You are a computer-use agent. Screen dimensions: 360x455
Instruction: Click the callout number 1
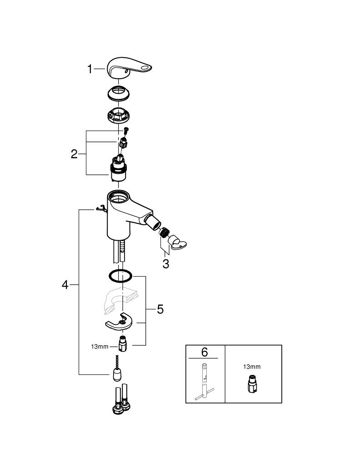click(90, 69)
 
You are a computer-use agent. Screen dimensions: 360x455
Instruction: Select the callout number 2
click(74, 154)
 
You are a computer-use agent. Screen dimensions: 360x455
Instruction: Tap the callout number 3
click(166, 264)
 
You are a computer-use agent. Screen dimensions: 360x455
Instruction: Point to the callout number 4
click(65, 285)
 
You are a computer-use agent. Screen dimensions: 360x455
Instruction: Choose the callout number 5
click(160, 309)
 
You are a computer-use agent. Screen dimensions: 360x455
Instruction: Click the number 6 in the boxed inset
click(205, 352)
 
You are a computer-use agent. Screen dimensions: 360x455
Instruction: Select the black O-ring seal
click(120, 276)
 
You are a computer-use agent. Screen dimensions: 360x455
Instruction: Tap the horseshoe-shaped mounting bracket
click(119, 322)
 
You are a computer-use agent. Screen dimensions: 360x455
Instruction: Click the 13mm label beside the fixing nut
click(100, 346)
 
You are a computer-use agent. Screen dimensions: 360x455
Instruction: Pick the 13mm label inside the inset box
click(252, 367)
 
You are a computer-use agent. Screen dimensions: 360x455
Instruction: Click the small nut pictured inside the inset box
click(252, 385)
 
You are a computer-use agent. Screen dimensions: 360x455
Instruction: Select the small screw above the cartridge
click(126, 131)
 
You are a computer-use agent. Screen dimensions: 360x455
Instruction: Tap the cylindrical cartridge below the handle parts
click(119, 169)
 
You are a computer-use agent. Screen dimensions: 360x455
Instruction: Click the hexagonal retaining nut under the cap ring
click(118, 115)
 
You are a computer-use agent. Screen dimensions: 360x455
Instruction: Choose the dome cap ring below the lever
click(118, 93)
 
